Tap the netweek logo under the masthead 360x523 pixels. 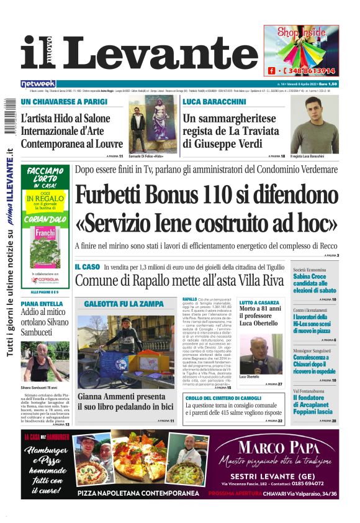pyautogui.click(x=38, y=83)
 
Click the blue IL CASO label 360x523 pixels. pyautogui.click(x=87, y=266)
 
